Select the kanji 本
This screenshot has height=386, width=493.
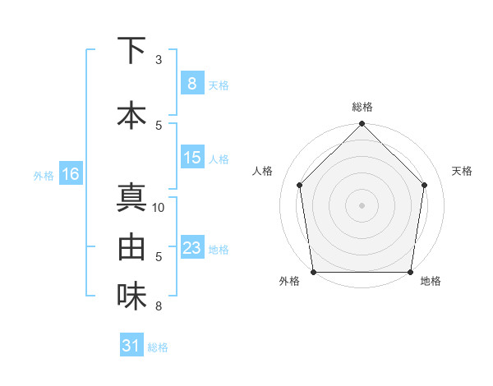point(131,115)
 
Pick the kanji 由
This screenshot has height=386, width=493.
point(131,246)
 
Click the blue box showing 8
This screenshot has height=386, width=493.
point(191,83)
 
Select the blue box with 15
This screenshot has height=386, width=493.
point(191,158)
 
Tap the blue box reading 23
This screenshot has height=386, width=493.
point(191,248)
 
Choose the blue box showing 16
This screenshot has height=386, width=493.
point(70,174)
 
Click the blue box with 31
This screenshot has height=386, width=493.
point(131,346)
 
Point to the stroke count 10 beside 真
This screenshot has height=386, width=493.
point(159,207)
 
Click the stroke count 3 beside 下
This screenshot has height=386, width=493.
point(159,59)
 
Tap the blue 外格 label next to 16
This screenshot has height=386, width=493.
point(43,175)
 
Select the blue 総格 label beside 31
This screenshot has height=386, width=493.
point(158,347)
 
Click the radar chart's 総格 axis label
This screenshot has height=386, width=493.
point(362,107)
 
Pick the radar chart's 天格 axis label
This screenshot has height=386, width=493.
point(462,171)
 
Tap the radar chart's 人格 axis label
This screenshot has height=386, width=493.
point(263,171)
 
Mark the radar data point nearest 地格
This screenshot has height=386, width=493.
point(410,272)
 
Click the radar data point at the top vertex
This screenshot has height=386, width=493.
point(362,124)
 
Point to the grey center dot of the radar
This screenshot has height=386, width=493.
point(362,205)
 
